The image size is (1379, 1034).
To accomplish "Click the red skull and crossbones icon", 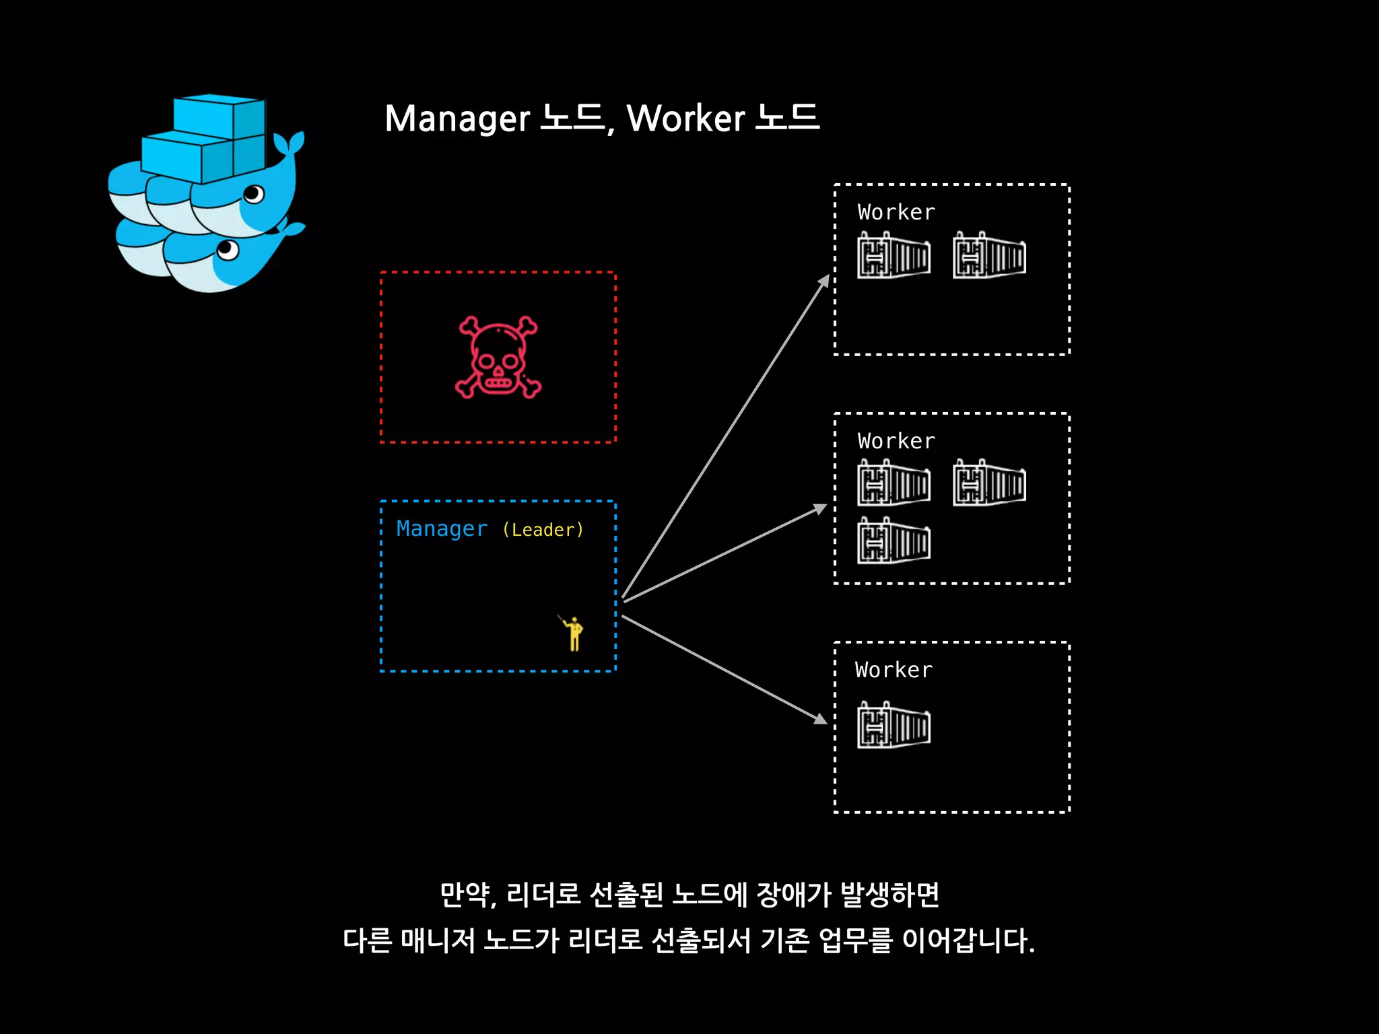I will tap(498, 357).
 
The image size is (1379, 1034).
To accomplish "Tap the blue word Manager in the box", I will tap(442, 529).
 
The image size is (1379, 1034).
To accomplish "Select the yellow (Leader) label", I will tap(543, 530).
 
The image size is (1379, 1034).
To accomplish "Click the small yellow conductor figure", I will tap(573, 633).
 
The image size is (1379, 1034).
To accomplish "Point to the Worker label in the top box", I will tap(896, 213).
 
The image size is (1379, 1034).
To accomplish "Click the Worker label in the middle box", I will tap(896, 442).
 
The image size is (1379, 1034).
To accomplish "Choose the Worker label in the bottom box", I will tap(894, 670).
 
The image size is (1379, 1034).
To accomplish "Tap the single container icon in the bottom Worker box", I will tap(894, 725).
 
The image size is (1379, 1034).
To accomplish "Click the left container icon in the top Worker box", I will tap(894, 255).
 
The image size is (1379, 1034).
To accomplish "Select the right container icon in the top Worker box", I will tap(989, 255).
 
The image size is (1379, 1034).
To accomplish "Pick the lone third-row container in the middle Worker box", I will tap(894, 541).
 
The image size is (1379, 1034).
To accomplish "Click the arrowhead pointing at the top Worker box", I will tap(824, 280).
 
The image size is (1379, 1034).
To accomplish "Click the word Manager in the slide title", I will tap(457, 119).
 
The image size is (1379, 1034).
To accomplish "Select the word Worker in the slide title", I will tap(685, 119).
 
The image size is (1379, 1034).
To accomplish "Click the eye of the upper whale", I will tap(254, 195).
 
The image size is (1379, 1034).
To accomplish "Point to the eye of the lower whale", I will tap(228, 250).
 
